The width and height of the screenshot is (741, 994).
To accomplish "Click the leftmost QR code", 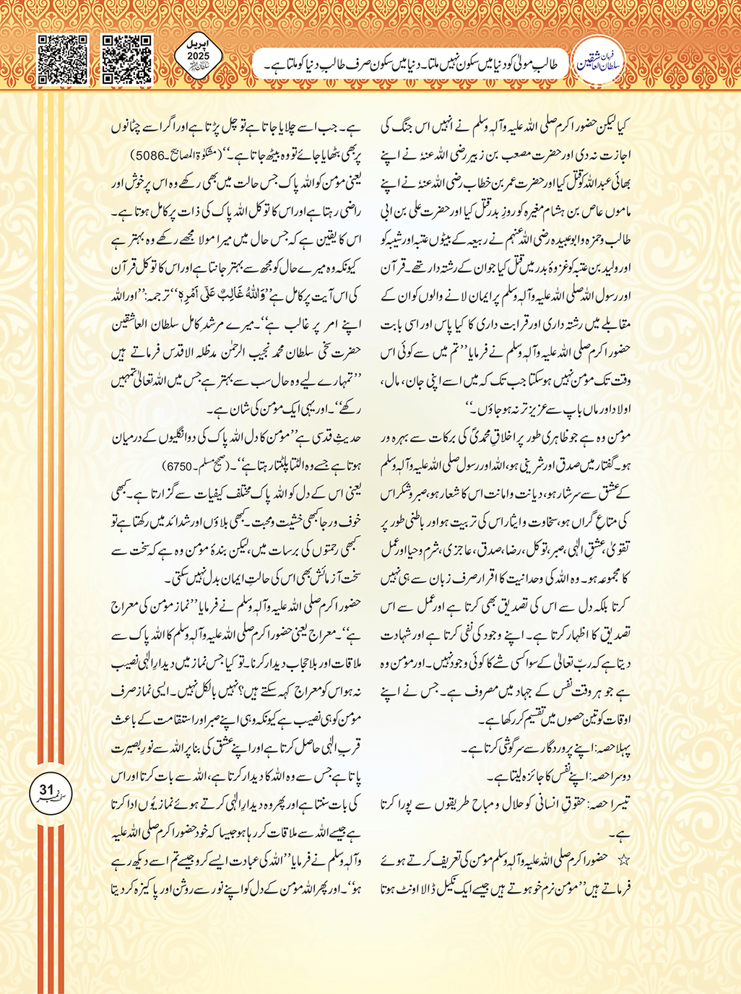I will (x=61, y=59).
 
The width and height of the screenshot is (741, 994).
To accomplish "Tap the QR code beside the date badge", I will (x=127, y=59).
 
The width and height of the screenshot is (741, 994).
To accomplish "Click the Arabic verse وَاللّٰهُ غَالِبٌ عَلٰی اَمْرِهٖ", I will (x=230, y=297).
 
